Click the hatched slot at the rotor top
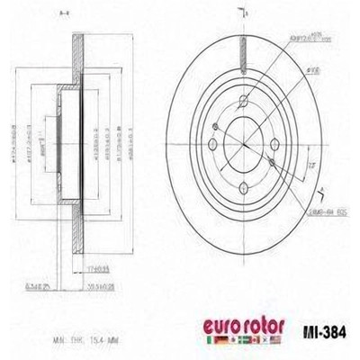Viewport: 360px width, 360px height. point(243,44)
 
